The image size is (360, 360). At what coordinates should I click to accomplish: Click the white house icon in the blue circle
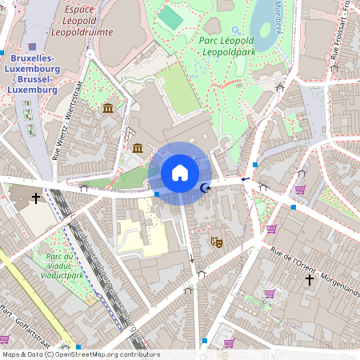tap(180, 173)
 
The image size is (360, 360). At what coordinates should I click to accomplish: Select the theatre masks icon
tap(215, 240)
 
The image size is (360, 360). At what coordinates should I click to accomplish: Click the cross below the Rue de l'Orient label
tap(310, 279)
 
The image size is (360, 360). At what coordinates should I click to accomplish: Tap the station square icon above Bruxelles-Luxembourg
tap(32, 47)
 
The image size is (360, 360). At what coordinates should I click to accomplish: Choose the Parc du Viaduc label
tap(62, 265)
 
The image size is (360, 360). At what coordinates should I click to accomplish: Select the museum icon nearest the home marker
tap(138, 148)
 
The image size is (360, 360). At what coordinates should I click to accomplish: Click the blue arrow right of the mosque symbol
tap(245, 179)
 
